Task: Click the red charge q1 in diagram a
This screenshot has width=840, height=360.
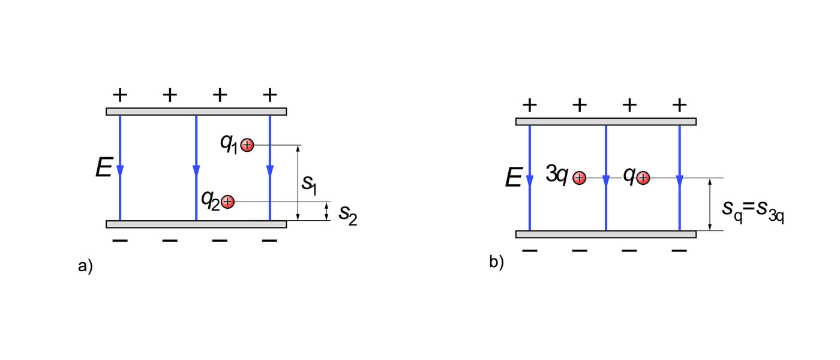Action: tap(247, 145)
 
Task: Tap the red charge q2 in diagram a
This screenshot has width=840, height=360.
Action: tap(227, 202)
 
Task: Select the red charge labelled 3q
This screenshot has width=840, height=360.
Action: tap(579, 178)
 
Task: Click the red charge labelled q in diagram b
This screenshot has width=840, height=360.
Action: tap(643, 178)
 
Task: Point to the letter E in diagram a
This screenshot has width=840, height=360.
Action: tap(103, 169)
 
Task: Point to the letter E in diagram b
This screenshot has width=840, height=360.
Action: tap(513, 178)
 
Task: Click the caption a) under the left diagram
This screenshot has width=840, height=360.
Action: tap(85, 266)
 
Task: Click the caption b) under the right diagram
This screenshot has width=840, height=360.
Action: tap(496, 262)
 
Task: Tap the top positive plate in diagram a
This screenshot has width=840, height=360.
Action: tap(196, 112)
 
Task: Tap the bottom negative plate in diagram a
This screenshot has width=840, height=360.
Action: tap(196, 224)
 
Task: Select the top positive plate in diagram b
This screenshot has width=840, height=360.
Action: tap(606, 122)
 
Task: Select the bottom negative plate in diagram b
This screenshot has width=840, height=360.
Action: tap(606, 234)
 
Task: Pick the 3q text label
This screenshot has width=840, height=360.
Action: tap(557, 175)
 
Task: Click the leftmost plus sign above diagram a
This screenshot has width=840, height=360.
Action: tap(120, 94)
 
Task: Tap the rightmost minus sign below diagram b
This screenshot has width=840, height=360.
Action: tap(679, 250)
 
